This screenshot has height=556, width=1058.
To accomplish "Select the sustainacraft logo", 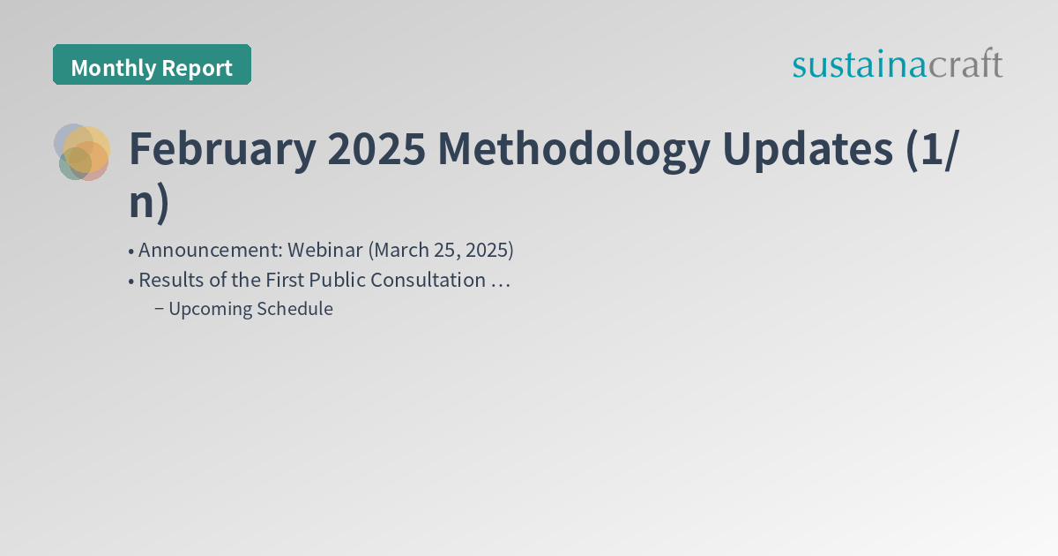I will click(x=897, y=64).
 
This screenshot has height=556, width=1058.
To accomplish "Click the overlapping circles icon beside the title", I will click(x=82, y=152).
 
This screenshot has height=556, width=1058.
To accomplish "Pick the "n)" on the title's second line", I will click(x=148, y=202).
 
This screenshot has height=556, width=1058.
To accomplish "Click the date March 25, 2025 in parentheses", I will click(x=440, y=250).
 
